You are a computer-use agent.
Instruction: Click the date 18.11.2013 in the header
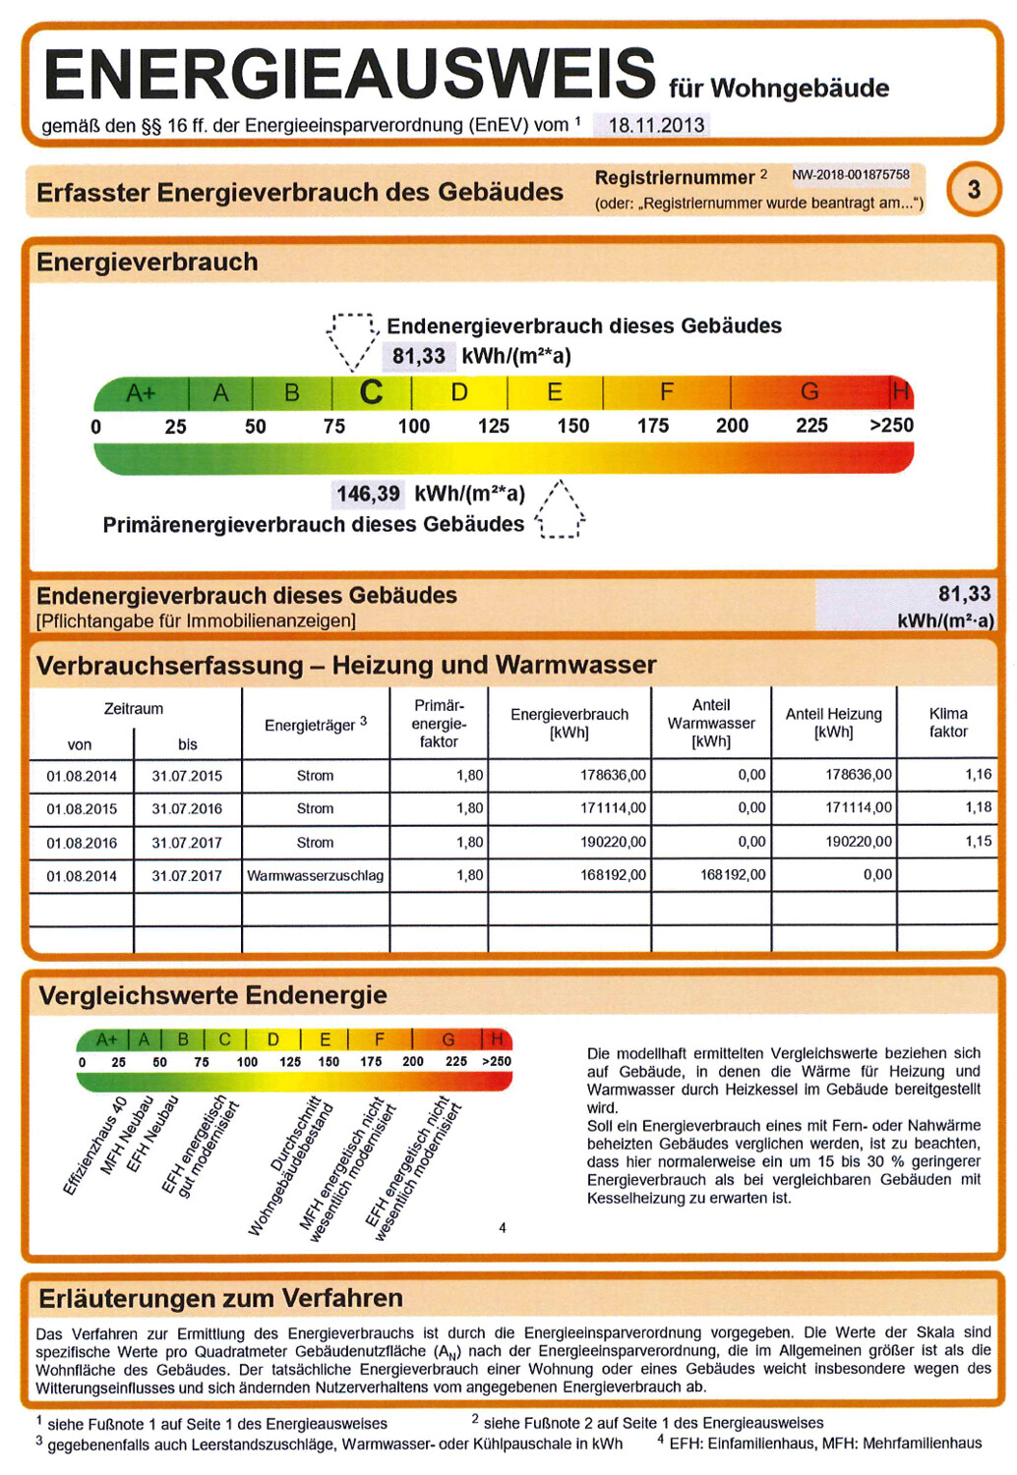656,125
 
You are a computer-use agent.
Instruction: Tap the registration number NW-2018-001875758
851,175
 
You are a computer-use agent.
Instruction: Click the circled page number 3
974,189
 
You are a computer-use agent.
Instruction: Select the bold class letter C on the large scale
371,392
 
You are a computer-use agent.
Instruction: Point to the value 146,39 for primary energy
368,494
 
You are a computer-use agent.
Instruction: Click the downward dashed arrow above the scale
352,340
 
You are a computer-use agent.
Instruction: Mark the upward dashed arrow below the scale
561,510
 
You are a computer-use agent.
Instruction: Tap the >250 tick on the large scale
891,425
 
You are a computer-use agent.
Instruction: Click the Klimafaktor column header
948,723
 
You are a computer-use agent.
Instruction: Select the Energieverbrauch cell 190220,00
613,842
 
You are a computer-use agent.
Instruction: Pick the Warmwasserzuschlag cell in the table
315,875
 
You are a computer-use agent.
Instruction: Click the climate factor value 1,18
978,807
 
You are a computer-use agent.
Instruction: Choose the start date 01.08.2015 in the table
82,808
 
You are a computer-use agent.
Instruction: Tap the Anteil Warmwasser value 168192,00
732,874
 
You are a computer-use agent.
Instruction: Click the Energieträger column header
315,725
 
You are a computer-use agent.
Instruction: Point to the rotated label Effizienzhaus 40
95,1147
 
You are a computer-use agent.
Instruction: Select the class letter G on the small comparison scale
449,1039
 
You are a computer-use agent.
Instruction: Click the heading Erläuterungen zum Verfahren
220,1298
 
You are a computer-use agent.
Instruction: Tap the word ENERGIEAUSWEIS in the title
350,74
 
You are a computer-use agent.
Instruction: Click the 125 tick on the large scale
493,426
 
